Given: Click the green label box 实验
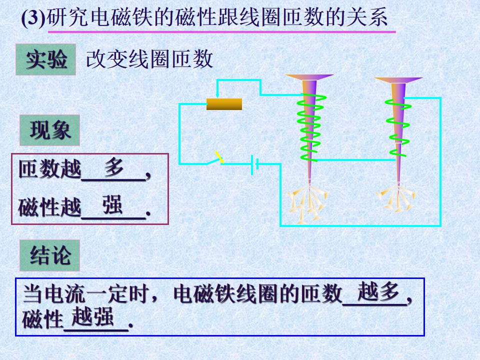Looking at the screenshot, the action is (x=45, y=59).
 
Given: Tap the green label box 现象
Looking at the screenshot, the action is (x=49, y=130).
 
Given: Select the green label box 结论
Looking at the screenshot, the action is (x=49, y=255).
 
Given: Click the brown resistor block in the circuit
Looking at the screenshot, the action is (x=224, y=104).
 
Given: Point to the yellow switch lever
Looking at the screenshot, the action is (x=219, y=157).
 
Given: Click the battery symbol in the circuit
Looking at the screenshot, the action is (x=254, y=164).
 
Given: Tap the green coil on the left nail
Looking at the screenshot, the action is (x=310, y=127).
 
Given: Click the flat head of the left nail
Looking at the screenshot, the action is (x=309, y=77).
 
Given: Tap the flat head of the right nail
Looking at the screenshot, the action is (x=398, y=80).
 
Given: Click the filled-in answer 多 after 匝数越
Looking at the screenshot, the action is (x=114, y=167).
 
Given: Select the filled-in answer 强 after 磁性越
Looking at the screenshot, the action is (x=112, y=204).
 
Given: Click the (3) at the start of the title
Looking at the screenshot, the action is (x=33, y=18).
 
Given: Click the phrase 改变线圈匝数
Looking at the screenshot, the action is (x=149, y=59).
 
